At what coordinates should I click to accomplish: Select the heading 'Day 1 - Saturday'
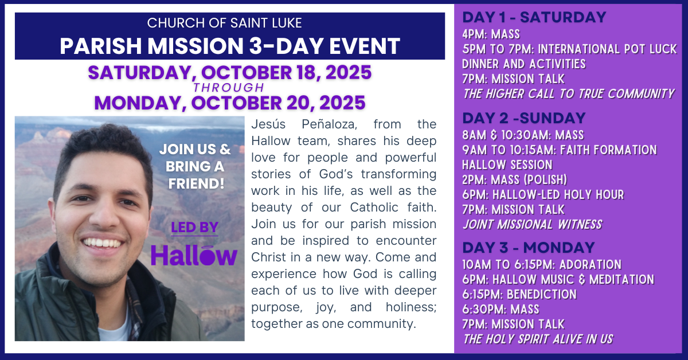click(534, 17)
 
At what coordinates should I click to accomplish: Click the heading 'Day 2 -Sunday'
click(524, 118)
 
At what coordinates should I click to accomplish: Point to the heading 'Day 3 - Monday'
click(529, 248)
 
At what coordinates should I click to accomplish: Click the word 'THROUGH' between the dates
click(229, 88)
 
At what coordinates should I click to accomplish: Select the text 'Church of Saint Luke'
click(225, 23)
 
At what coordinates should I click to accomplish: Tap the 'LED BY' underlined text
click(194, 228)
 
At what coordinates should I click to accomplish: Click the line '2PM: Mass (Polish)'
click(515, 179)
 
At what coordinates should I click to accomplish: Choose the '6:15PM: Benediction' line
click(519, 294)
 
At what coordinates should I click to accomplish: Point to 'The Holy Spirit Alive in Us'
click(538, 339)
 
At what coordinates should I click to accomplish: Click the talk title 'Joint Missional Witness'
click(532, 224)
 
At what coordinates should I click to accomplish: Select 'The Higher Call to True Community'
click(569, 93)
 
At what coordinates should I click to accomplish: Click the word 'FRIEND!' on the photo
click(196, 183)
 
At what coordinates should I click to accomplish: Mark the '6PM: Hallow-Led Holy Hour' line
click(543, 195)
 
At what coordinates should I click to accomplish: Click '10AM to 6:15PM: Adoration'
click(542, 264)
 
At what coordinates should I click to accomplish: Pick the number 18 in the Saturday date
click(308, 72)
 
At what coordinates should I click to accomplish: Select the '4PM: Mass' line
click(491, 34)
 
